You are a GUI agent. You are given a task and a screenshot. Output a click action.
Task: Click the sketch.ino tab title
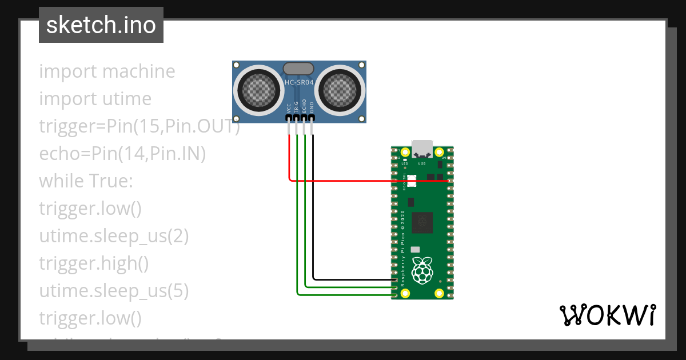[101, 25]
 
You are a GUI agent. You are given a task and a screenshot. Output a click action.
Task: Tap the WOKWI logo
[607, 315]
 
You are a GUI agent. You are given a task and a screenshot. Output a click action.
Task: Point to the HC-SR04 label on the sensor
[299, 83]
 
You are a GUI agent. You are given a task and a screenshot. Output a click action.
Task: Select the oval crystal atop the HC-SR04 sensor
[298, 69]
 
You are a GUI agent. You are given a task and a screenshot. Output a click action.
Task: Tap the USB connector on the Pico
[422, 149]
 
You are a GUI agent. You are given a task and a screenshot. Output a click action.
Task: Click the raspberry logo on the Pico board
[422, 270]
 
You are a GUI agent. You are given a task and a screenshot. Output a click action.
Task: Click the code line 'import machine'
[107, 72]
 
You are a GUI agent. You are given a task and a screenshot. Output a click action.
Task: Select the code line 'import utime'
[95, 99]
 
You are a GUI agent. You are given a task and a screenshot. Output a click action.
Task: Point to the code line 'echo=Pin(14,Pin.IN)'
[122, 154]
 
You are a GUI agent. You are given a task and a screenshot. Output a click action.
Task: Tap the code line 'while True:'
[86, 182]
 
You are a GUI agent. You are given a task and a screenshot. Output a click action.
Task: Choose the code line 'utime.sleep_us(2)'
[114, 236]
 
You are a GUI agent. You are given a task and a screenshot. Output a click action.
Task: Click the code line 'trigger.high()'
[94, 263]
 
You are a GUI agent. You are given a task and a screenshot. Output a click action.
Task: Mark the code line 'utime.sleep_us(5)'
[114, 291]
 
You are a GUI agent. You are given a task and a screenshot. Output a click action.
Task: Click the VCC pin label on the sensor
[289, 107]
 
